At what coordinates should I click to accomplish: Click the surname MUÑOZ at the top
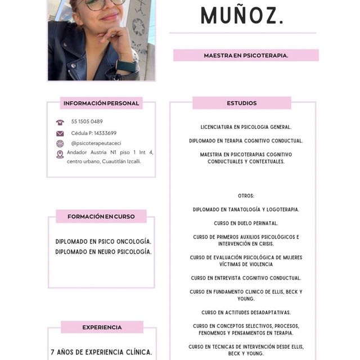[x=242, y=15]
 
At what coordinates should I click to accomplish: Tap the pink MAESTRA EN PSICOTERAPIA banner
[x=246, y=56]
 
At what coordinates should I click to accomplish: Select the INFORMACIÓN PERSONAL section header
[x=101, y=103]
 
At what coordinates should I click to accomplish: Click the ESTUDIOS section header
[x=242, y=103]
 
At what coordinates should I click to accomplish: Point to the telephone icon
[x=60, y=122]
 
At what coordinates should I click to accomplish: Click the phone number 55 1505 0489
[x=87, y=121]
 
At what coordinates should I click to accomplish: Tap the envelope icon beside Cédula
[x=60, y=133]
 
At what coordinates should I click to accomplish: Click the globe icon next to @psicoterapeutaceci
[x=60, y=143]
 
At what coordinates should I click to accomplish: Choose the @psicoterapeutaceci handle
[x=96, y=143]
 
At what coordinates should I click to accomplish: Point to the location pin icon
[x=60, y=154]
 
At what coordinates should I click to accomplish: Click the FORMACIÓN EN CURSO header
[x=101, y=217]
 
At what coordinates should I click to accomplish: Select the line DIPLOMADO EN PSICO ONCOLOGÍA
[x=103, y=242]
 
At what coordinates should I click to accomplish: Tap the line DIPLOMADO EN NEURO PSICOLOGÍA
[x=103, y=252]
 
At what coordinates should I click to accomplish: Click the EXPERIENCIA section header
[x=102, y=327]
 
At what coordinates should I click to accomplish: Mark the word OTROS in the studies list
[x=246, y=196]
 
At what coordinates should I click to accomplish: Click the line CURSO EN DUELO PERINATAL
[x=246, y=223]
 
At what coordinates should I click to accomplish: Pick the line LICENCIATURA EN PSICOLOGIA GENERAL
[x=246, y=127]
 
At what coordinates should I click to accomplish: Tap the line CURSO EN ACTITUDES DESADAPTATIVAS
[x=246, y=312]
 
